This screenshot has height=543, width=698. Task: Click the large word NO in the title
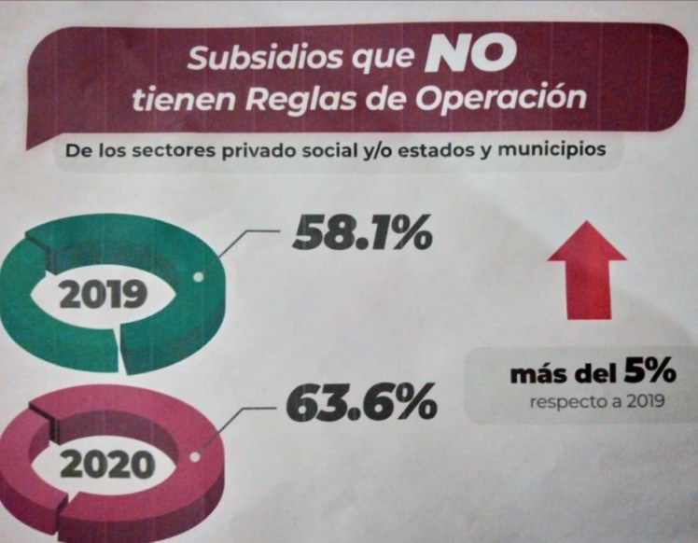coord(469,58)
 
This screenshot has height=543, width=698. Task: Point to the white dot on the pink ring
coord(194,456)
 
